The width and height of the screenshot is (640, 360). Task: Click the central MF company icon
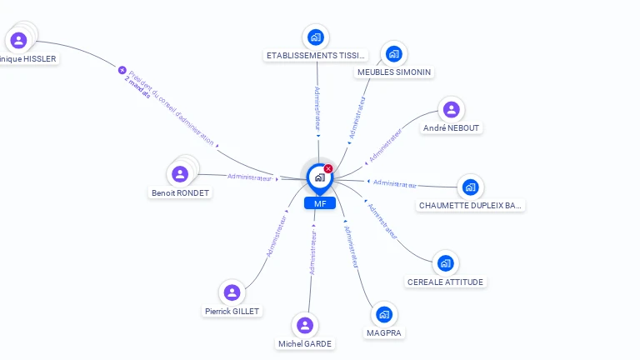point(319,177)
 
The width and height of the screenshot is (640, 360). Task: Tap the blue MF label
point(319,203)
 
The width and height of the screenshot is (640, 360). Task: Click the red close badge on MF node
point(328,168)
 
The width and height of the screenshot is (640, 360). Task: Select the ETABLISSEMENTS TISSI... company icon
point(316,37)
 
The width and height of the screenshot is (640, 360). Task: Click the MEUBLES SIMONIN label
point(394,72)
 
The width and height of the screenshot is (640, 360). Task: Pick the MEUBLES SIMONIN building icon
point(394,54)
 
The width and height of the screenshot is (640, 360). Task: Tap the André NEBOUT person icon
point(451,109)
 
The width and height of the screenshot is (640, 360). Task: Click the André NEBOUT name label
point(452,128)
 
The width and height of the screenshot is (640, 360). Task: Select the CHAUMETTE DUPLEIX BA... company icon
point(470,187)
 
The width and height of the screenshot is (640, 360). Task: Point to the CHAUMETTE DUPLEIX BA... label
point(471,205)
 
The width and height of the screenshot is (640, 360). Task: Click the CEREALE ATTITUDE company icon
point(445,263)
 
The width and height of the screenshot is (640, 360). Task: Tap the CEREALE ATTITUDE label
point(445,282)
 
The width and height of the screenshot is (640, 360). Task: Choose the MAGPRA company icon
point(383,314)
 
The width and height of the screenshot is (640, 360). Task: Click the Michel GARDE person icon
point(305,325)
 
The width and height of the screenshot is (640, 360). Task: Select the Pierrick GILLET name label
point(232,311)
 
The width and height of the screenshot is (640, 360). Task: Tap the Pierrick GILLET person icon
point(232,292)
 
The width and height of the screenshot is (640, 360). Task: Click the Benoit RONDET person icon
point(180,174)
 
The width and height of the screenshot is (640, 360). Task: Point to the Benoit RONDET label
point(180,192)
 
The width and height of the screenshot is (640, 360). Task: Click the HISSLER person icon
point(18,40)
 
